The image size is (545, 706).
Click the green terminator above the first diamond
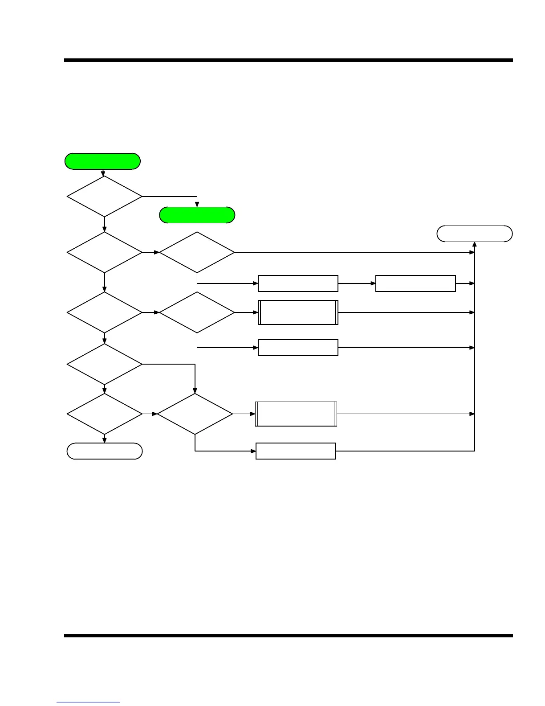102,161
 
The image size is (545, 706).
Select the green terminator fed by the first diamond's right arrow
197,215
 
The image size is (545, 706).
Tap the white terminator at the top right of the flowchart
474,234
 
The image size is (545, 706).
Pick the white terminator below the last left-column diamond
105,451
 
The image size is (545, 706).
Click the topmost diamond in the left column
105,196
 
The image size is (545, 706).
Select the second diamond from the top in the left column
105,252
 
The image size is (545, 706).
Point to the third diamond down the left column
105,312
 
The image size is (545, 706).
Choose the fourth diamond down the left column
105,364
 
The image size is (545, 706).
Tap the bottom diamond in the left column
105,414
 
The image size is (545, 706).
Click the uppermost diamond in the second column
197,252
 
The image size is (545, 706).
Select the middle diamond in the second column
197,312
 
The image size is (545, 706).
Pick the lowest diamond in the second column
195,414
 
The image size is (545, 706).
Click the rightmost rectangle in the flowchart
415,283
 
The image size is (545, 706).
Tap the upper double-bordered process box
298,312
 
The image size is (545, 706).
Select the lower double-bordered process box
296,414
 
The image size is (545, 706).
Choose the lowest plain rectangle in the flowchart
296,451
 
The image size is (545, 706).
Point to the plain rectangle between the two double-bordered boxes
298,348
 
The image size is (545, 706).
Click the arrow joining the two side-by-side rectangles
357,283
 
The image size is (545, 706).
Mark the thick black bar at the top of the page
289,60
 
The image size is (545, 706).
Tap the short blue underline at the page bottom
88,702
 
